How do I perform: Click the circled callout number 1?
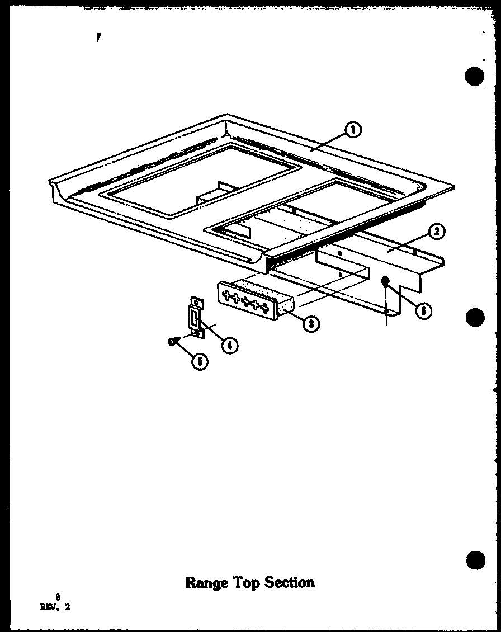click(353, 130)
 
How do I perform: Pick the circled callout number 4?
click(228, 345)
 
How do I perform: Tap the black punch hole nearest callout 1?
click(474, 77)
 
